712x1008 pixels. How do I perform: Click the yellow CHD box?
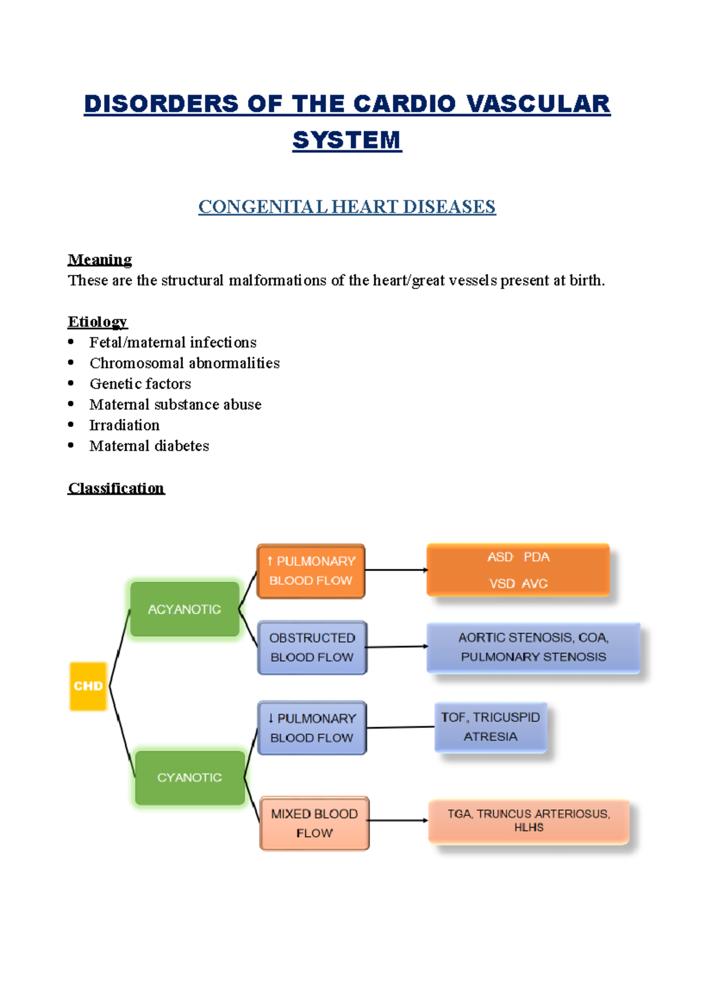pos(88,686)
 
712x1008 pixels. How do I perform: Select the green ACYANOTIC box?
pos(185,609)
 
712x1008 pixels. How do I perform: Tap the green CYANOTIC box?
pos(190,778)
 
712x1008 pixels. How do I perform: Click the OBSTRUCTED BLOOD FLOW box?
pos(312,648)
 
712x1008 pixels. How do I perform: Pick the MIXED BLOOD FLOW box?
pos(314,823)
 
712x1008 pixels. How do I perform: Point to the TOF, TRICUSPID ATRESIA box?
pos(491,727)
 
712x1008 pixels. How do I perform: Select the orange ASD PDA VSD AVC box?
pos(518,570)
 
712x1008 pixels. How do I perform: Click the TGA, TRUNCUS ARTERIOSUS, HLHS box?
pos(529,821)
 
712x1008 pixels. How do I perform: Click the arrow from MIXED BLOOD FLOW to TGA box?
pos(398,820)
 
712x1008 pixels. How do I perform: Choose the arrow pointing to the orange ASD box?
pos(396,570)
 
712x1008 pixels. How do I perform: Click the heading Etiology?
pos(97,322)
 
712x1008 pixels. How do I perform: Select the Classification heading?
pos(116,488)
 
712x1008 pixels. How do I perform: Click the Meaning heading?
pos(100,259)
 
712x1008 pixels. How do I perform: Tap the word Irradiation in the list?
pos(125,425)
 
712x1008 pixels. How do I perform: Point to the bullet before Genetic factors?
pos(71,383)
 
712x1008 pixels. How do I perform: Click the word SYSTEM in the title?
pos(347,140)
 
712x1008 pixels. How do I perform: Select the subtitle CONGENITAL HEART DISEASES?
pos(347,207)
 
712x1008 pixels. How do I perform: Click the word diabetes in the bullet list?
pos(182,446)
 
